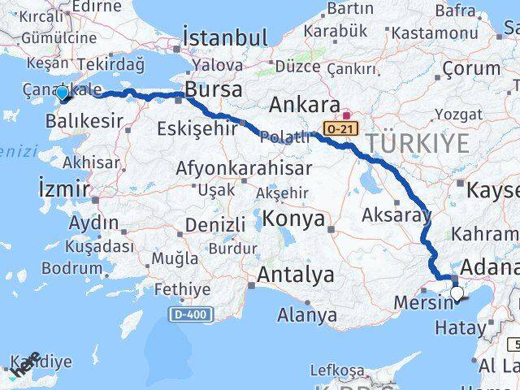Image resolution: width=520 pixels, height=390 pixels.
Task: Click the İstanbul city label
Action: pos(226,37)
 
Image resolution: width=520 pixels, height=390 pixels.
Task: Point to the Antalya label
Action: pos(295,275)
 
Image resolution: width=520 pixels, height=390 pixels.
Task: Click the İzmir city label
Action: pos(63,189)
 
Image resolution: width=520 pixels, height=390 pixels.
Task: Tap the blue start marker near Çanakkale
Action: pos(63,94)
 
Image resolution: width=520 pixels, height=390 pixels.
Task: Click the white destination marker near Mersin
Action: pos(457,294)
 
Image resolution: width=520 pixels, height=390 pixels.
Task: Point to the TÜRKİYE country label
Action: pos(417,144)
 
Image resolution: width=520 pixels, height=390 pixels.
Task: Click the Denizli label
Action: pos(215,224)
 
